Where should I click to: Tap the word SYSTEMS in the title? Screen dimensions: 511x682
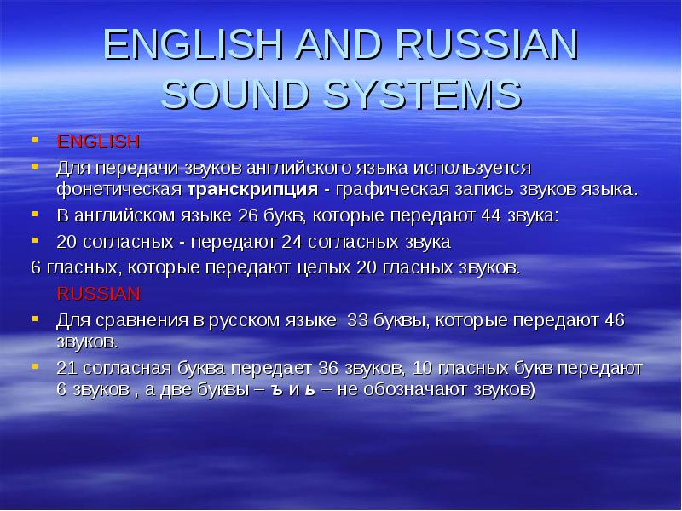pyautogui.click(x=426, y=94)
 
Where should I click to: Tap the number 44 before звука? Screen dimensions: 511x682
pyautogui.click(x=492, y=216)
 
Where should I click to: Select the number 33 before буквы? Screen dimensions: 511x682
pyautogui.click(x=355, y=321)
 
